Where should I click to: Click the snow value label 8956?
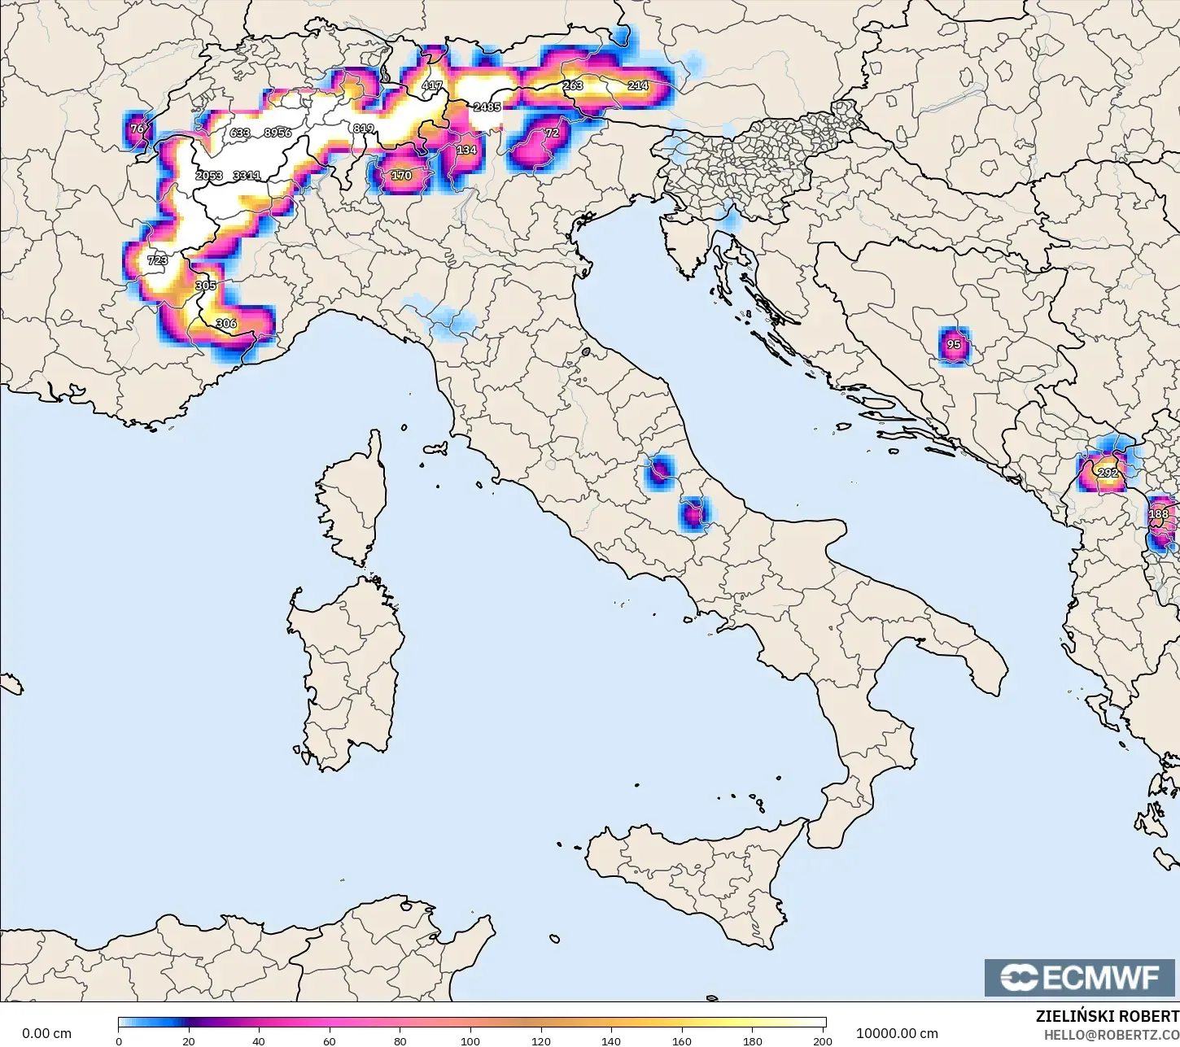click(278, 133)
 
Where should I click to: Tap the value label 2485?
click(487, 107)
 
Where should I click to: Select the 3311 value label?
click(247, 175)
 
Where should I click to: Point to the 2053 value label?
click(209, 175)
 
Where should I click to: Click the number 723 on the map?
click(157, 260)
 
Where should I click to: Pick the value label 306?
click(226, 324)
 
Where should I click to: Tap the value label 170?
click(401, 175)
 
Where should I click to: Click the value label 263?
click(572, 85)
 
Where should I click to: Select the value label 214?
click(638, 85)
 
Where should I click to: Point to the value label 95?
click(954, 344)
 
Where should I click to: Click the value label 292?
click(1108, 473)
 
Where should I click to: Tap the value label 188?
click(1159, 514)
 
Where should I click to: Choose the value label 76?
click(138, 129)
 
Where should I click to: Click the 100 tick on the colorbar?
click(470, 1040)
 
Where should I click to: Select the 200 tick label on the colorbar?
click(823, 1040)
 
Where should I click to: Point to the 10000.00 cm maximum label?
click(897, 1033)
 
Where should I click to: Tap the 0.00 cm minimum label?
click(46, 1033)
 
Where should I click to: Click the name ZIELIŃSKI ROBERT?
click(1107, 1016)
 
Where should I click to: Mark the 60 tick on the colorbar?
click(330, 1040)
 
